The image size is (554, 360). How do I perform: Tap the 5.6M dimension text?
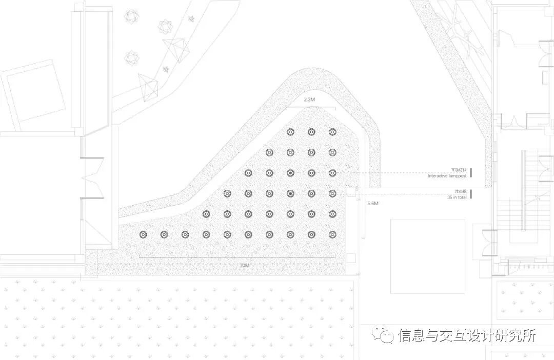(x=373, y=204)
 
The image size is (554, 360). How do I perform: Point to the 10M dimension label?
(x=244, y=265)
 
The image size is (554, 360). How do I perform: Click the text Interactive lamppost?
(x=447, y=176)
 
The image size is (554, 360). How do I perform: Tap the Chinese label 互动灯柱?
(x=458, y=170)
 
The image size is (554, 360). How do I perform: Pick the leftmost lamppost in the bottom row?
(x=143, y=234)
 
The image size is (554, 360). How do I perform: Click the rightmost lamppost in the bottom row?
(x=332, y=234)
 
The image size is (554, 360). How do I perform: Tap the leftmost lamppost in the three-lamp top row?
(x=290, y=132)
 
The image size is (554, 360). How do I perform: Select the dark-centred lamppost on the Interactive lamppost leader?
(x=290, y=173)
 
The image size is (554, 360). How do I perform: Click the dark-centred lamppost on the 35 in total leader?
(x=290, y=193)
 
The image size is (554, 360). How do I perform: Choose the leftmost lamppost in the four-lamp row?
(x=269, y=152)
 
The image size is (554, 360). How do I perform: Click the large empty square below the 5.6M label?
(x=427, y=256)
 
